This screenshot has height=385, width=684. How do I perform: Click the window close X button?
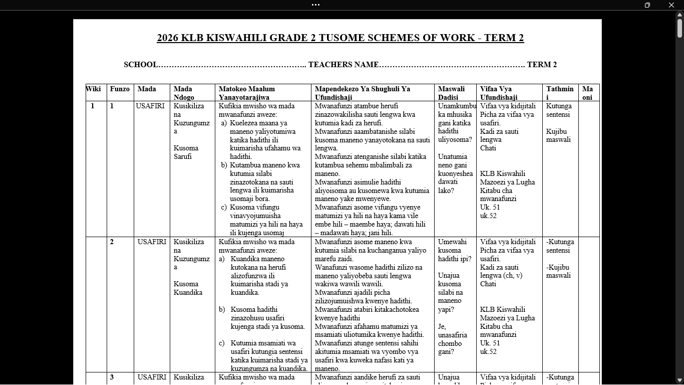click(671, 5)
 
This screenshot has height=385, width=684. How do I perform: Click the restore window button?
click(647, 5)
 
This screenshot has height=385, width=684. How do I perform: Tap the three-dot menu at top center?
click(315, 5)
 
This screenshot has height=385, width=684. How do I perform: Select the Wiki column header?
click(94, 89)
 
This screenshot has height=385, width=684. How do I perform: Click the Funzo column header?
click(120, 89)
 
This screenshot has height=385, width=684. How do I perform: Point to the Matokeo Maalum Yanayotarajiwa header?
click(246, 93)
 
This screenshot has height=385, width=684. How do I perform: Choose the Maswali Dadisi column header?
click(451, 93)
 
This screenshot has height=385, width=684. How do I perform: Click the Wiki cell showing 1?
click(93, 106)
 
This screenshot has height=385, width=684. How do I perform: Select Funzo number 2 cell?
click(112, 242)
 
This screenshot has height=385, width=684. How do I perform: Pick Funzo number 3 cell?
click(112, 377)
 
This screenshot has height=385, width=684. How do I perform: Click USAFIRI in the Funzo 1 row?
click(151, 106)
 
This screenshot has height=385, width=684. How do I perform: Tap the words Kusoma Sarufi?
click(186, 152)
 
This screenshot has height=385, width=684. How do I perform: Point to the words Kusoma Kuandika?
click(188, 288)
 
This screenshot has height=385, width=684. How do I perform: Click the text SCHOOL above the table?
click(141, 65)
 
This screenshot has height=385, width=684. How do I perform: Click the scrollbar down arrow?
click(679, 380)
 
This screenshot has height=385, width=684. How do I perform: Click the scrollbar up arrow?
click(679, 15)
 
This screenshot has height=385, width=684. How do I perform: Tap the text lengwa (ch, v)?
click(501, 276)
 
